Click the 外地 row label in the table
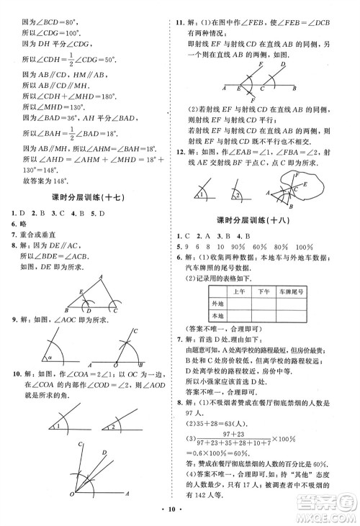pos(217,303)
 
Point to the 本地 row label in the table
pos(217,315)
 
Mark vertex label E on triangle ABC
pos(62,291)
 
